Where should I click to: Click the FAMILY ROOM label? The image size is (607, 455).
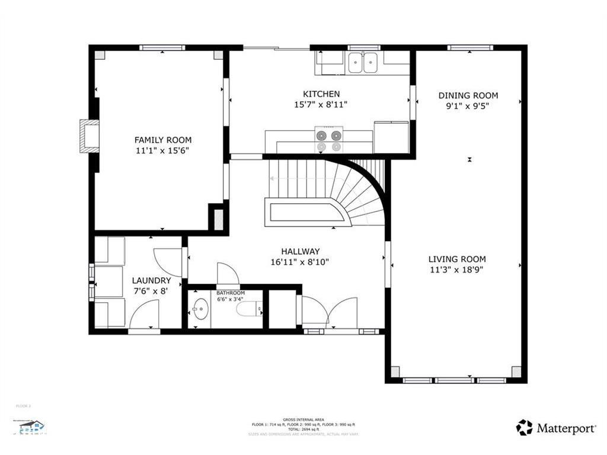click(x=163, y=140)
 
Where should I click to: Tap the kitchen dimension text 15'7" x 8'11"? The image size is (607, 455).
click(x=321, y=105)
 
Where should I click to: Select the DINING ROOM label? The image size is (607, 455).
click(x=468, y=95)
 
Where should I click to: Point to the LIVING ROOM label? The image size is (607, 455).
click(x=457, y=259)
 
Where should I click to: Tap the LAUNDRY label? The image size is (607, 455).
click(x=151, y=280)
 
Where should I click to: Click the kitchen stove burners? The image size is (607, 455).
click(x=329, y=140)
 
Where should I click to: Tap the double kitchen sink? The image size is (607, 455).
click(x=364, y=62)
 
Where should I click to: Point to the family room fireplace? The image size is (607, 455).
click(x=90, y=136)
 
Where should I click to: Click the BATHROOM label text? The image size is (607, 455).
click(x=231, y=293)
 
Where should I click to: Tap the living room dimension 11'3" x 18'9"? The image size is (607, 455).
click(x=457, y=270)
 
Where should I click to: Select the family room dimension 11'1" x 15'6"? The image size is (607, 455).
click(x=163, y=151)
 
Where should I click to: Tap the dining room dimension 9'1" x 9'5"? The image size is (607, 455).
click(x=468, y=107)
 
